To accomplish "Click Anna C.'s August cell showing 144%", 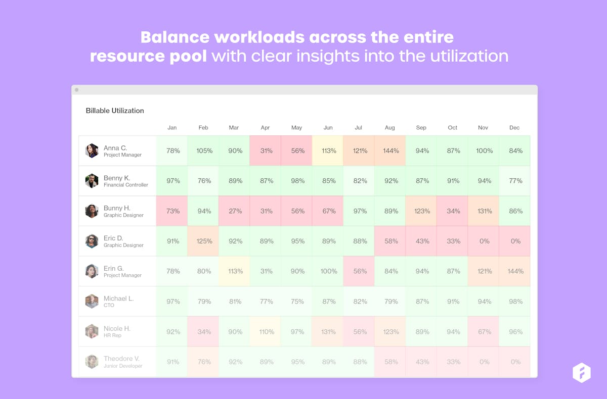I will (391, 151).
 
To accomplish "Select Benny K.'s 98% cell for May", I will (297, 181).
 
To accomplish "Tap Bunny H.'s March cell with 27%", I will (235, 211).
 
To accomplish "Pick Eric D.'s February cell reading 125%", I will (204, 241).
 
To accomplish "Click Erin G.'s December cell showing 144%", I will (515, 271).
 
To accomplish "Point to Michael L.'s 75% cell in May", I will (297, 302).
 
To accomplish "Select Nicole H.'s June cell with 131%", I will (328, 332).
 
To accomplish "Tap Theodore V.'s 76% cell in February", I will (204, 362).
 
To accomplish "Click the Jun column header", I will (328, 128).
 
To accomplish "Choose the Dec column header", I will (514, 128).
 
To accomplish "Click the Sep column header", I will (421, 128).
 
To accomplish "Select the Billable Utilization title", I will (115, 111).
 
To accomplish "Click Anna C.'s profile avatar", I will (92, 151).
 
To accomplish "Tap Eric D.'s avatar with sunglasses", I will (92, 241).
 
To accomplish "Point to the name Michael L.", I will (118, 298).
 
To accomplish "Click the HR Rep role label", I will (112, 335).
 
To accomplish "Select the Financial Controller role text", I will (126, 185).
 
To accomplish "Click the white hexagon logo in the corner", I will (581, 373).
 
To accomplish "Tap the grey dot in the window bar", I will (77, 90).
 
